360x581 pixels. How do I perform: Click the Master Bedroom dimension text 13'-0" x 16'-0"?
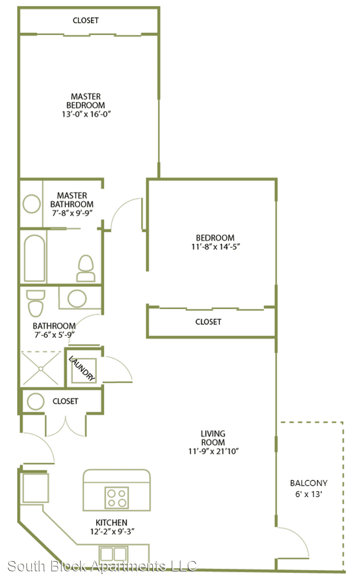[86, 114]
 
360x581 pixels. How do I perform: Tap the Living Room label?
[213, 438]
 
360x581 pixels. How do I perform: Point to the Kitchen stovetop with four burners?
[117, 498]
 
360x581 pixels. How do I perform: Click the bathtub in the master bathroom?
[34, 258]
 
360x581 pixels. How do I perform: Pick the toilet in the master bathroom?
[86, 268]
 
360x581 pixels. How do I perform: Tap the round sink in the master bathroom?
[32, 204]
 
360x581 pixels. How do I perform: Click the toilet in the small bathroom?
[36, 303]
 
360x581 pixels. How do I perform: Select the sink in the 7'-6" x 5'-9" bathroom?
[77, 298]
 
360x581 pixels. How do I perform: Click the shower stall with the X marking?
[40, 369]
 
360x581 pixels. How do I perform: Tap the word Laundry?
[82, 369]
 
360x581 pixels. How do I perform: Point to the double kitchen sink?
[114, 554]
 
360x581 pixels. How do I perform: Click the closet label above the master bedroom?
[86, 20]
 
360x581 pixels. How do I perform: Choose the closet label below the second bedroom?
[208, 322]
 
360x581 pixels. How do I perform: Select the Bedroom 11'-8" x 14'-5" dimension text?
[215, 247]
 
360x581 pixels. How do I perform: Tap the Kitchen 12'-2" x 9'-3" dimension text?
[112, 532]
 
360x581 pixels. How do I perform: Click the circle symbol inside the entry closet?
[36, 401]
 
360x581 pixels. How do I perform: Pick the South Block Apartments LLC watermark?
[102, 566]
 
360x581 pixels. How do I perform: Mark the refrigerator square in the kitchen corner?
[36, 488]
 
